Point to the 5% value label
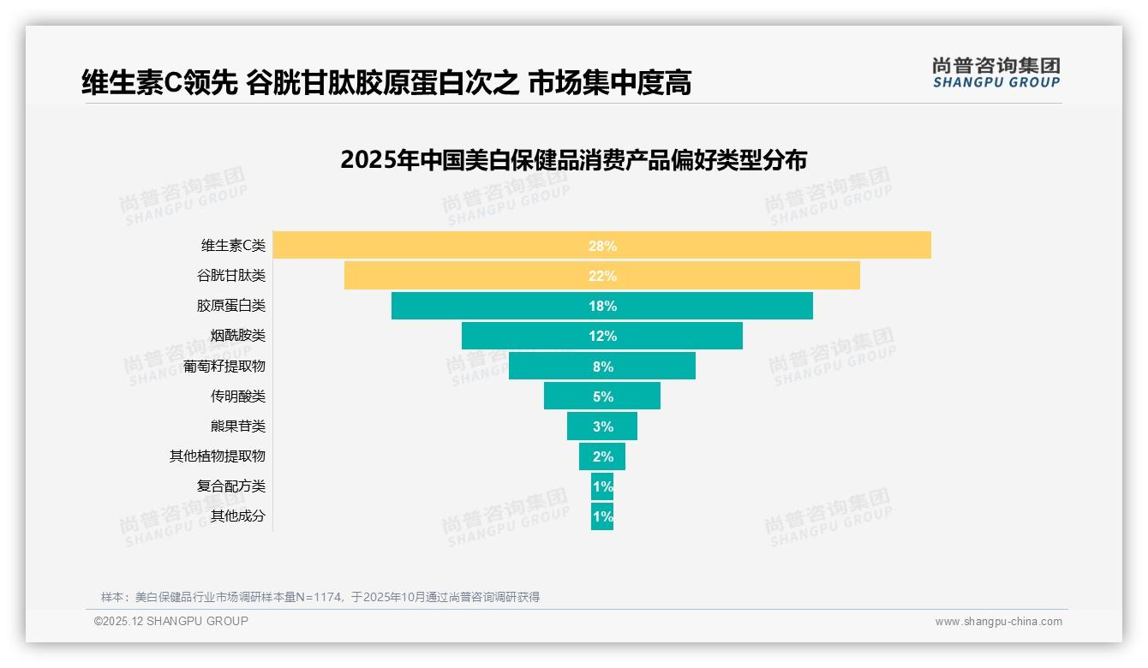coord(602,397)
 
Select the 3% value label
coord(602,426)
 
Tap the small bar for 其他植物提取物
coord(602,456)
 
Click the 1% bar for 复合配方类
coord(602,486)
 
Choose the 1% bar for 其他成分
coord(602,516)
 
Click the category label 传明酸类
coord(238,397)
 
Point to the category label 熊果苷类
coord(238,426)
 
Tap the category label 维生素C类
coord(233,246)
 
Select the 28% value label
coord(602,246)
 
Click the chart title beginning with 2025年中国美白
coord(573,160)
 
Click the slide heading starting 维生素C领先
coord(386,83)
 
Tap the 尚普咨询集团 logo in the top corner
coord(996,72)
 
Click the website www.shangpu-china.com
coord(998,622)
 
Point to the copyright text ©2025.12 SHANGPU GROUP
coord(171,621)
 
